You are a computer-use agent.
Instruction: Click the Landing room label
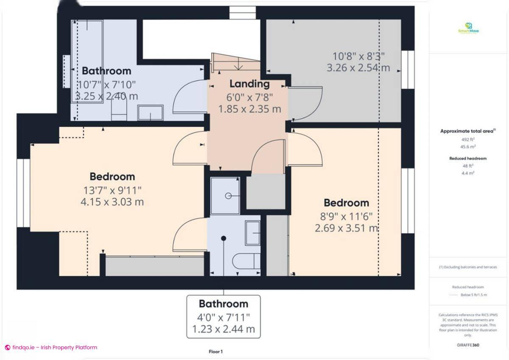click(x=249, y=84)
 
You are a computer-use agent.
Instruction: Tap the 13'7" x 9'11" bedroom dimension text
click(x=112, y=189)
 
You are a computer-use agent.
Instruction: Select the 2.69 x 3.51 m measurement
click(x=346, y=229)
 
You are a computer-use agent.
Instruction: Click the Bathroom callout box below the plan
click(x=224, y=316)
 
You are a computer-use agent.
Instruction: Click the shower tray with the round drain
click(x=228, y=195)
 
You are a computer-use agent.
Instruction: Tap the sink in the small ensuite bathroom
click(x=253, y=233)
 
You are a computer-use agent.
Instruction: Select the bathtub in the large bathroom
click(x=87, y=59)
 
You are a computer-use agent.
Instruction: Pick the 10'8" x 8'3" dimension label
click(x=358, y=56)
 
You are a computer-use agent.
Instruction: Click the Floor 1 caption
click(x=215, y=352)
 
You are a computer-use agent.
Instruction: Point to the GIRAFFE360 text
click(x=468, y=345)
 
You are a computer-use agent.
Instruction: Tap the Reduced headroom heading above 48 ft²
click(x=468, y=158)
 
